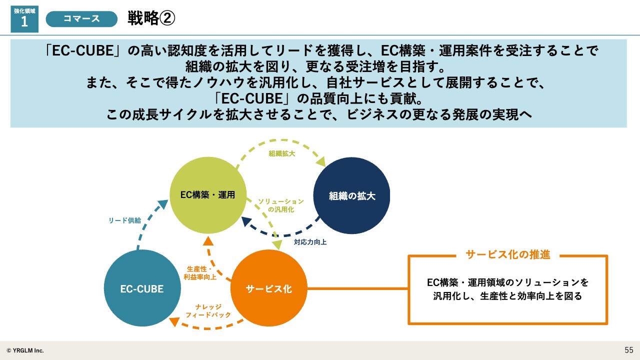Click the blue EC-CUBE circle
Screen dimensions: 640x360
tap(142, 288)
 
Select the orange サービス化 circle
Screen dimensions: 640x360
tap(269, 288)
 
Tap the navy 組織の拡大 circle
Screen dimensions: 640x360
tap(351, 195)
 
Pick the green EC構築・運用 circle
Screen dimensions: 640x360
tap(208, 195)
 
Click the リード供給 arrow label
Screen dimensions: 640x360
tap(125, 220)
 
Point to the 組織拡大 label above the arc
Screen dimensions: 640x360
tap(281, 153)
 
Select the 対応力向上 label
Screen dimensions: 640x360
tap(310, 242)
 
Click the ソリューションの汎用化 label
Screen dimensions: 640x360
tap(281, 205)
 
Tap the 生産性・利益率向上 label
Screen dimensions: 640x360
tap(200, 273)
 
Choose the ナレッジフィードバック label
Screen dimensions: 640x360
tap(208, 311)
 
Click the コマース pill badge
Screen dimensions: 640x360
tap(81, 19)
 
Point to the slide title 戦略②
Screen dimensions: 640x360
tap(151, 18)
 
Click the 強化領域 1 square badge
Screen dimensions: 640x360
tap(24, 19)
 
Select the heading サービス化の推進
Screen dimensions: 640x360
tap(507, 254)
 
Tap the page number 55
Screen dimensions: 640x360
tap(629, 350)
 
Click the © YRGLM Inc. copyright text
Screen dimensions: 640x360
tap(25, 350)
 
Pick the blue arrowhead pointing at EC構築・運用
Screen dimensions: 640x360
tap(163, 204)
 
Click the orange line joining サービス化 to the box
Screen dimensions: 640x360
tap(357, 288)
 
